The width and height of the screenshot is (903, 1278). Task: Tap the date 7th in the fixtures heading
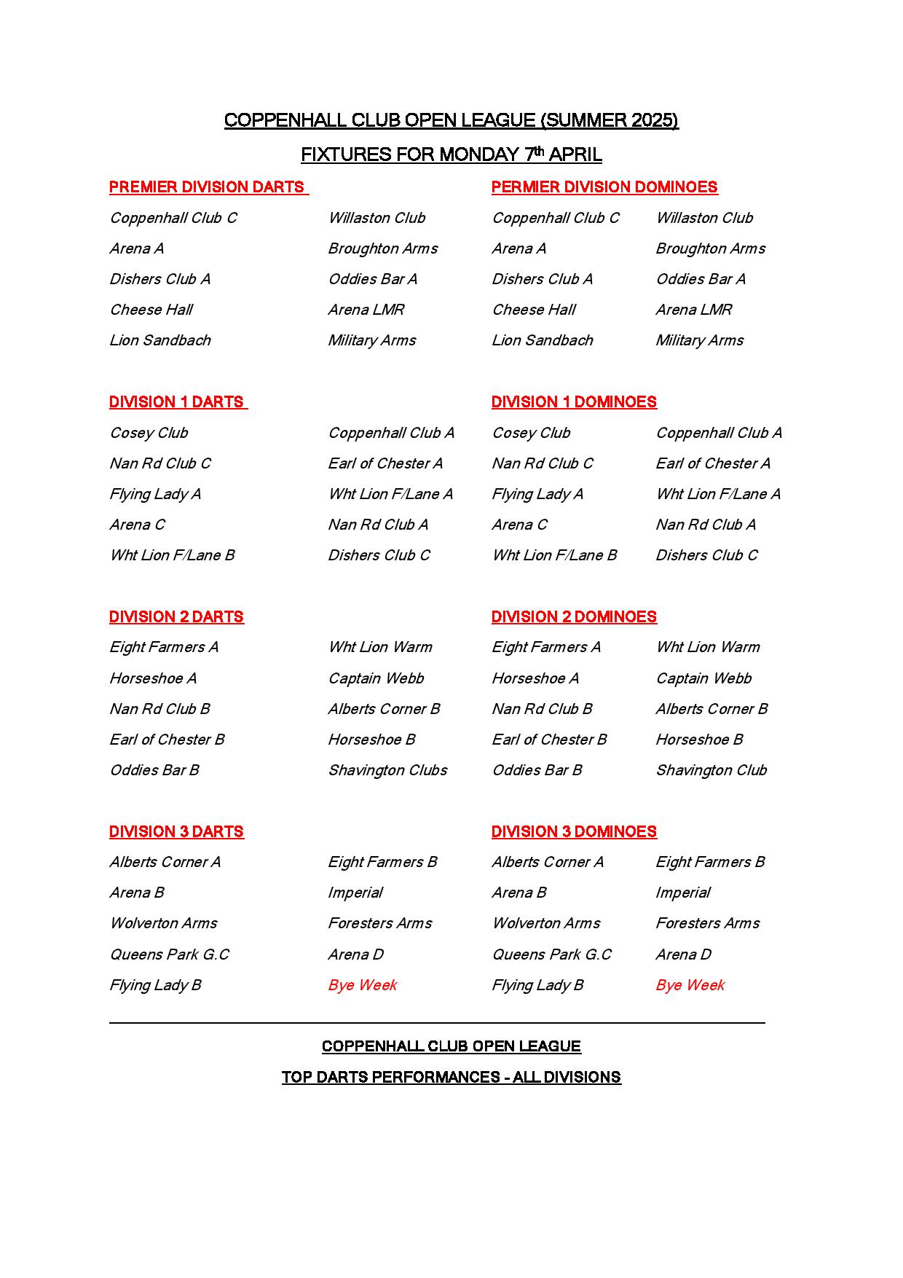pyautogui.click(x=534, y=154)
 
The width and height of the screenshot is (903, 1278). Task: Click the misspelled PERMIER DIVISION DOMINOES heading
pyautogui.click(x=604, y=187)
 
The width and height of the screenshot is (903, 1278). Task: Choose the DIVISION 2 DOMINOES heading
pyautogui.click(x=574, y=617)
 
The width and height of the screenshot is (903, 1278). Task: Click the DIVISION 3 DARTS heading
pyautogui.click(x=176, y=832)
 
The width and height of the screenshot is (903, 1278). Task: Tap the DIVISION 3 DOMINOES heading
pyautogui.click(x=574, y=832)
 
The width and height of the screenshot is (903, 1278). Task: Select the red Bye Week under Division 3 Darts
pyautogui.click(x=362, y=985)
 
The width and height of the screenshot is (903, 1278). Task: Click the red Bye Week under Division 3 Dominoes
pyautogui.click(x=690, y=985)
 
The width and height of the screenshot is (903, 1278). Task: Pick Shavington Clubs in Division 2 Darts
pyautogui.click(x=387, y=770)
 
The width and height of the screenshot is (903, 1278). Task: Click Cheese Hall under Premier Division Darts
pyautogui.click(x=151, y=310)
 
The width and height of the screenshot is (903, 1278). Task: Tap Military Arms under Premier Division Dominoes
pyautogui.click(x=699, y=340)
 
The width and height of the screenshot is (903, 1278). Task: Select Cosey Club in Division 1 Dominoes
pyautogui.click(x=531, y=433)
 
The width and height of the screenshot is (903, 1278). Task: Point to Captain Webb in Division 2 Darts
pyautogui.click(x=376, y=678)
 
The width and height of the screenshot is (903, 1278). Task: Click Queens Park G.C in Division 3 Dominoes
pyautogui.click(x=551, y=954)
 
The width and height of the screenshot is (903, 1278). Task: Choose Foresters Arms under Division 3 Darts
pyautogui.click(x=379, y=923)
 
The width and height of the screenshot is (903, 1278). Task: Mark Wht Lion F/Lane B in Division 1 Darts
pyautogui.click(x=172, y=555)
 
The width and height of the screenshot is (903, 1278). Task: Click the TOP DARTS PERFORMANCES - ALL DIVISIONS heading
pyautogui.click(x=451, y=1078)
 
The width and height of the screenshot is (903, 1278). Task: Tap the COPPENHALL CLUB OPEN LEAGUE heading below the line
pyautogui.click(x=451, y=1046)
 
